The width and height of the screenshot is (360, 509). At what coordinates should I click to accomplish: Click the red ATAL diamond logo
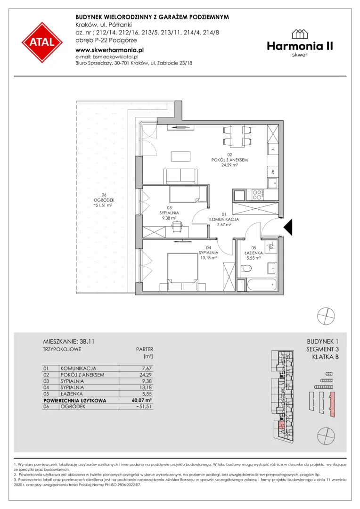pos(42,42)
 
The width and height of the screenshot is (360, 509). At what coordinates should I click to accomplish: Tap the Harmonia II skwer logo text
pos(300,43)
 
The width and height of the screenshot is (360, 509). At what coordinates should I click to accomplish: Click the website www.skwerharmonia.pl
pos(109,50)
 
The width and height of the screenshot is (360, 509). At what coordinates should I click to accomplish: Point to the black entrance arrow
pos(288,227)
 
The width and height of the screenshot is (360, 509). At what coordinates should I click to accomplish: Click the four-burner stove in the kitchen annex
pos(256,195)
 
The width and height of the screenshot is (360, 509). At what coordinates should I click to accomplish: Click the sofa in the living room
pos(180,176)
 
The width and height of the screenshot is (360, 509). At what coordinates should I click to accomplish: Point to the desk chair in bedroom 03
pos(177,227)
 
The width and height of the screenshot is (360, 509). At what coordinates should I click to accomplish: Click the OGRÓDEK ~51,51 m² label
pos(99,200)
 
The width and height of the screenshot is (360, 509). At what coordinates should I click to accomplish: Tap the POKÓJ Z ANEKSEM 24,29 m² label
pos(229,160)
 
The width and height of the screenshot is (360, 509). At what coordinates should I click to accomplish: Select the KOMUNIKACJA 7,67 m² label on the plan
pos(224,219)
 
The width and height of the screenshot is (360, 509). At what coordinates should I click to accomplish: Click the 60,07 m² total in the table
pos(142,400)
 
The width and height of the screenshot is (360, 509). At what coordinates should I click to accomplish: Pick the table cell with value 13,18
pos(147,387)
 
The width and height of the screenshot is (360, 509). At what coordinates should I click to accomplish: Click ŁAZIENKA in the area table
pos(72,394)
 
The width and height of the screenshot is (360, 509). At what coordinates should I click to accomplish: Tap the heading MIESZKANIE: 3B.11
pos(69,342)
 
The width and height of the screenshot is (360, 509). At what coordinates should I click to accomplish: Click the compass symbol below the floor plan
pos(326,316)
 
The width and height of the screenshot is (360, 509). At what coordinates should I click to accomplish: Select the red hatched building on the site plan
pos(332,404)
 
